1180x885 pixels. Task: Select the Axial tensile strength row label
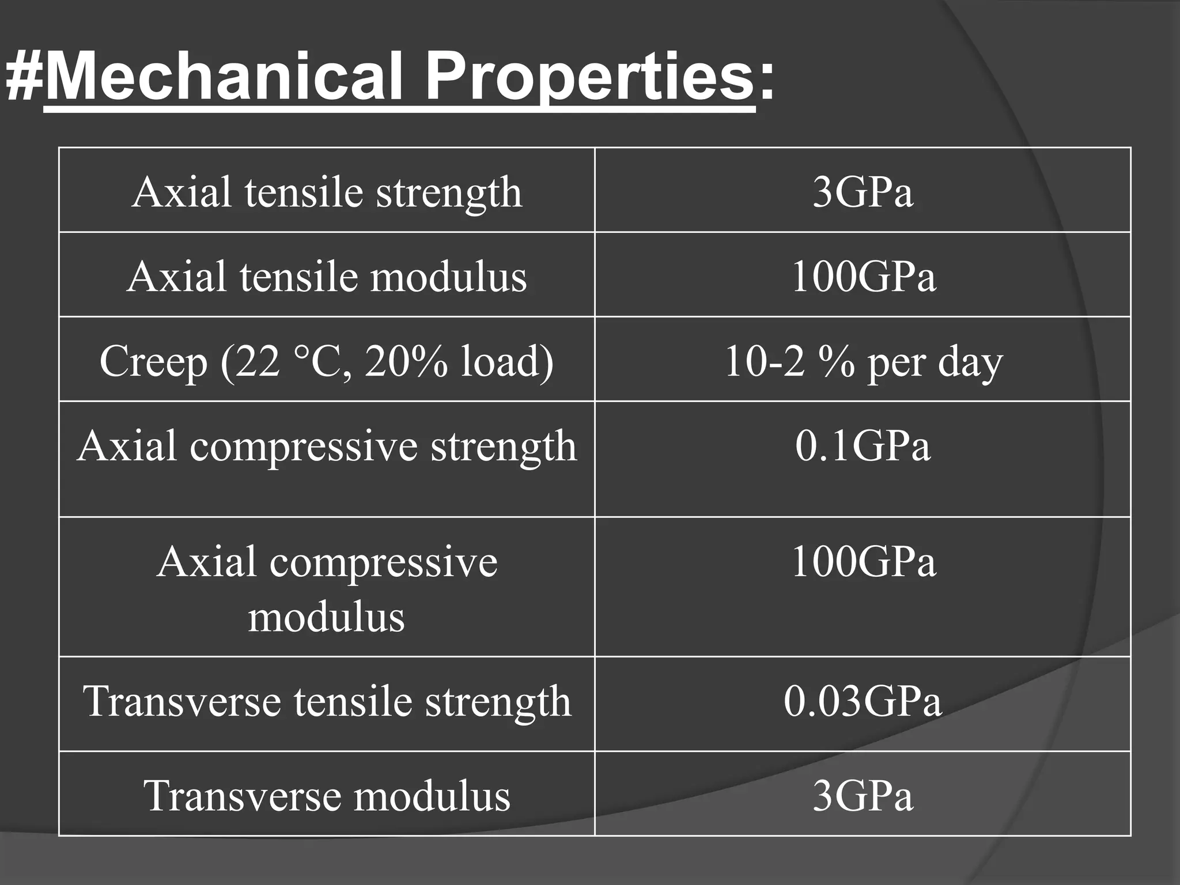click(327, 192)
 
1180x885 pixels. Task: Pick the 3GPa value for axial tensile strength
click(863, 192)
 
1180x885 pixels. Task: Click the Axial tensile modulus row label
click(327, 277)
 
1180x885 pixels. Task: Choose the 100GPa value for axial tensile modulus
click(863, 277)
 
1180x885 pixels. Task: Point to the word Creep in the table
click(153, 362)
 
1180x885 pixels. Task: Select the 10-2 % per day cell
click(863, 362)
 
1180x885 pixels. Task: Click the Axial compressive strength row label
click(327, 446)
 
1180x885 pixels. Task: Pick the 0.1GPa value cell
click(863, 446)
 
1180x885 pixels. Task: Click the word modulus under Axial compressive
click(327, 617)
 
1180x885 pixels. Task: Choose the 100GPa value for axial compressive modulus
click(863, 561)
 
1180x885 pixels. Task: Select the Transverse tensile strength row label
click(327, 701)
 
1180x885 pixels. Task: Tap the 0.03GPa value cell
click(863, 701)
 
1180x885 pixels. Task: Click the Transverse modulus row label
click(327, 796)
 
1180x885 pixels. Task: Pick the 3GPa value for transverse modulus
click(863, 796)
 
